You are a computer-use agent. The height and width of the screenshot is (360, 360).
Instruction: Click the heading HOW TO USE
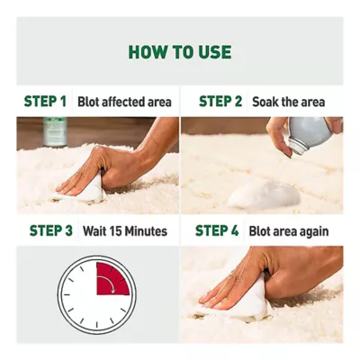coord(180,52)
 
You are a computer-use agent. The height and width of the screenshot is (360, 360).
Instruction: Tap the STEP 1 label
coord(45,102)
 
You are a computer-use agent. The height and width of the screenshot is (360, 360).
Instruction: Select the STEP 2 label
coord(220,102)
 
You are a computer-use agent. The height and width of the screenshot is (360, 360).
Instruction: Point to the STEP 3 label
coord(51,230)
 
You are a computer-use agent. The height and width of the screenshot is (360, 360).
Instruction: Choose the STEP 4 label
coord(217,230)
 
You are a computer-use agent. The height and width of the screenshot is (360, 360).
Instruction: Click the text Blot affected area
coord(124,102)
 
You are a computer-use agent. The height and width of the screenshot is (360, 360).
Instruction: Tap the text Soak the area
coord(289,102)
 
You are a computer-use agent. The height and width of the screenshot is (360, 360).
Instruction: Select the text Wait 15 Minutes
coord(125,231)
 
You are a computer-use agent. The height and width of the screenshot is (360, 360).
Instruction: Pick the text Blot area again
coord(289,231)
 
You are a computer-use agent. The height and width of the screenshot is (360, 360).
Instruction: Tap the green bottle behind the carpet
coord(55,131)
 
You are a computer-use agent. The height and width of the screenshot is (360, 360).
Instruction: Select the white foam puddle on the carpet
coord(264,195)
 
